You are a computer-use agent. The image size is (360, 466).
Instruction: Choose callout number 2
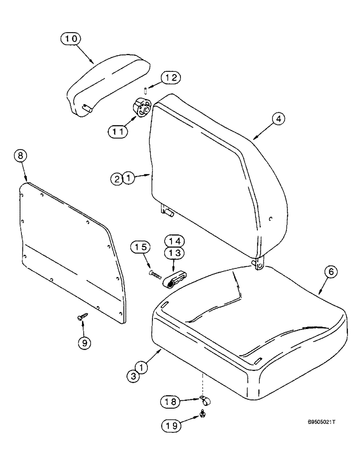coord(118,178)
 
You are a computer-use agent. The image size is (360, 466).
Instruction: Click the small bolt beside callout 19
coord(203,413)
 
